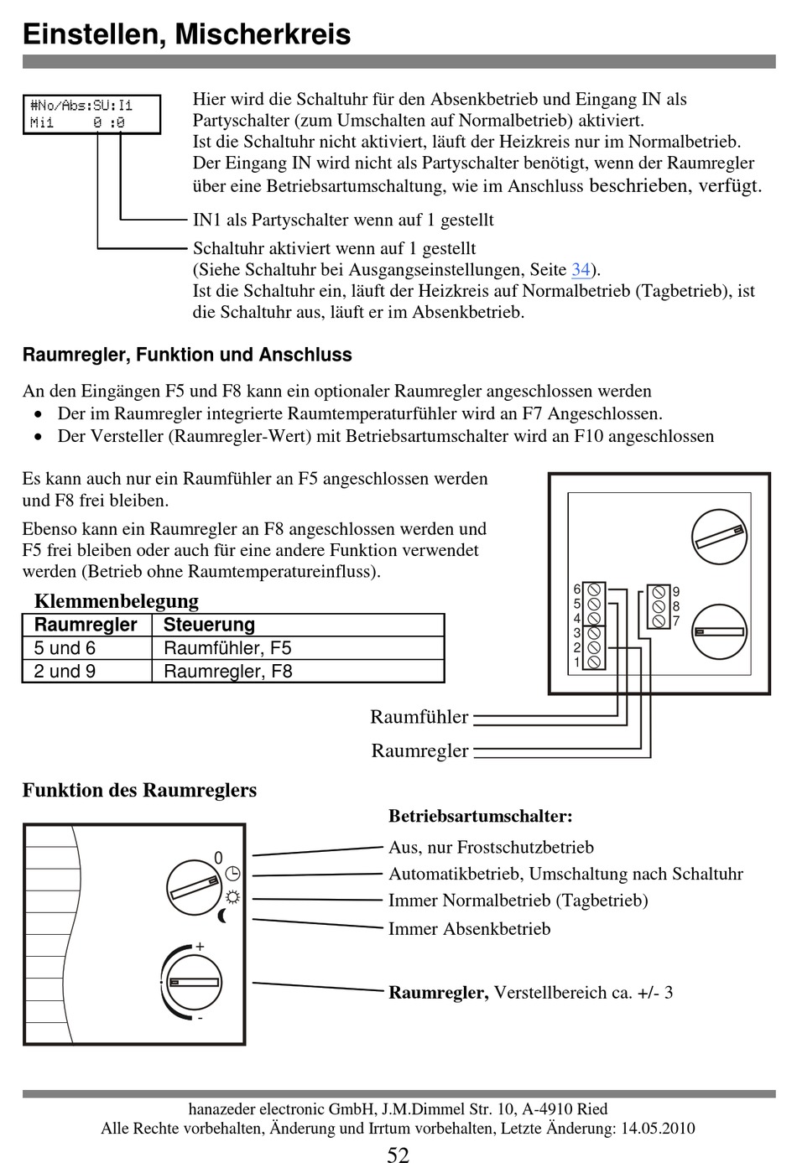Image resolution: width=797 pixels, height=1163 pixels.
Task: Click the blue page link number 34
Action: (x=581, y=270)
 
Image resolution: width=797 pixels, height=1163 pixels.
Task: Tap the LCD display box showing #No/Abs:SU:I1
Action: (x=91, y=114)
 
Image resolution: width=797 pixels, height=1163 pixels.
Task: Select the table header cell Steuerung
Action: (x=209, y=625)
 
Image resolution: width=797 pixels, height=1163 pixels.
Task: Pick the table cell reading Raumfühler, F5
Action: (x=227, y=648)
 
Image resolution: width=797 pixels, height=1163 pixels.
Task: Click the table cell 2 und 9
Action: (x=65, y=672)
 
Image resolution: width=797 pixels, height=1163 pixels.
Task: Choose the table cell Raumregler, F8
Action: (x=227, y=672)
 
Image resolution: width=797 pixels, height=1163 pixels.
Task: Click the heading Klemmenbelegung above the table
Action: (x=117, y=601)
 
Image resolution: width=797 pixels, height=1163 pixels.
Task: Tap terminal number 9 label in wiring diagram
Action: (x=676, y=592)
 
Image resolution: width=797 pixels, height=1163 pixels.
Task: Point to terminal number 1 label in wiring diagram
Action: (x=577, y=662)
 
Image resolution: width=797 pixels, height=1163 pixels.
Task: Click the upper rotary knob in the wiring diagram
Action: (x=719, y=537)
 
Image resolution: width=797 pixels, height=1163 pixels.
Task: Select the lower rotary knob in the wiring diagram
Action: (x=719, y=631)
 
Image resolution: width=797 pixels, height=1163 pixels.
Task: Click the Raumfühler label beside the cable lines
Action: (x=419, y=717)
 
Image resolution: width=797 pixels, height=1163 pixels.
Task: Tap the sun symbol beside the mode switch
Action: (x=232, y=896)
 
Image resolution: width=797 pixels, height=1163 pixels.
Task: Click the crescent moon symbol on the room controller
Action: (x=222, y=916)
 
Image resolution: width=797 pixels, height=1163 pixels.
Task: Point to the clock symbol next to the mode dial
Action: (x=232, y=873)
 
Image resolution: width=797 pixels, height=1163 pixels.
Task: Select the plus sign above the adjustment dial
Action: (x=200, y=947)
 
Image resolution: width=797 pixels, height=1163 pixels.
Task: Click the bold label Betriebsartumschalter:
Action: (x=480, y=816)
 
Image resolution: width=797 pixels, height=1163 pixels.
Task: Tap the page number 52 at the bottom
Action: (x=398, y=1155)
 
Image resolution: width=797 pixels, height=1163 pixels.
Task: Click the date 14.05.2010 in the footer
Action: (x=657, y=1129)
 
